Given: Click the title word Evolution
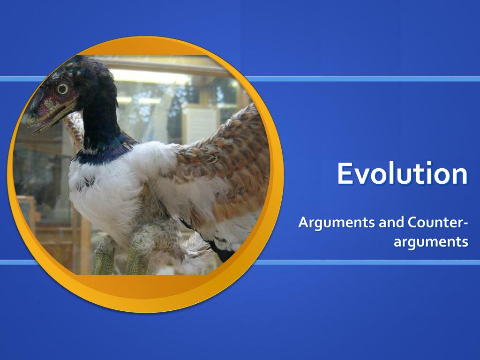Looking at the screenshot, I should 402,173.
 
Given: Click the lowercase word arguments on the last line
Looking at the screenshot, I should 431,242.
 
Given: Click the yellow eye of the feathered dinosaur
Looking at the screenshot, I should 62,88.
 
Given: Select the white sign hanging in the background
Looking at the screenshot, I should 199,124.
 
